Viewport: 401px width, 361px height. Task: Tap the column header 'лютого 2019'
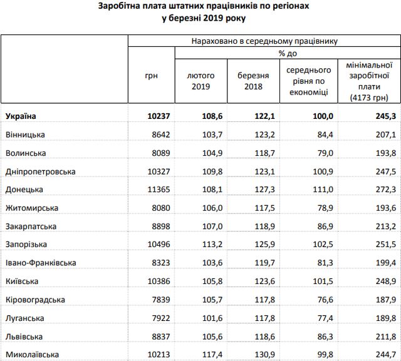pos(201,80)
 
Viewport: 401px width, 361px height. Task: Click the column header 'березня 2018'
pos(253,80)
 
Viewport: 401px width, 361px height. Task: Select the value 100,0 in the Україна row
pos(319,116)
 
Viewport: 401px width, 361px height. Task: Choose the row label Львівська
pos(24,336)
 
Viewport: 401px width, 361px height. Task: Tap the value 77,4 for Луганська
pos(321,318)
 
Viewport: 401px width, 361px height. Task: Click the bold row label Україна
pos(21,116)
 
